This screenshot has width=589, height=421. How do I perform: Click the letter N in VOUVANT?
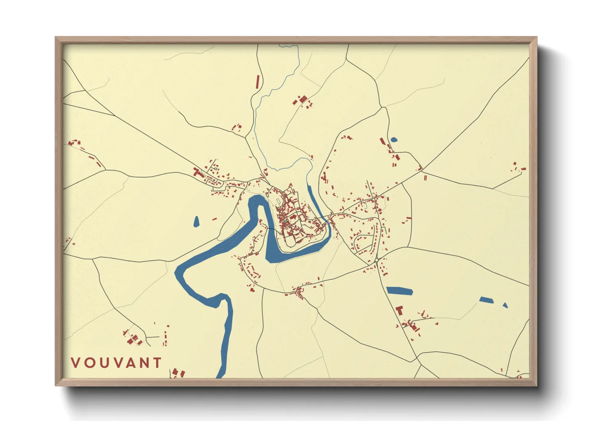tap(145, 363)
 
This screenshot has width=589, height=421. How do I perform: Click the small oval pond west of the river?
tap(196, 222)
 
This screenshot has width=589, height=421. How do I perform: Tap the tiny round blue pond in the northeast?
tap(394, 140)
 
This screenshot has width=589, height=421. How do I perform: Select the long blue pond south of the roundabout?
tap(399, 291)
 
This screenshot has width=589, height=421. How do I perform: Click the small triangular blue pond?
tap(505, 306)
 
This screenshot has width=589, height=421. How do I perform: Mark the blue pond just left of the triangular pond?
tap(486, 300)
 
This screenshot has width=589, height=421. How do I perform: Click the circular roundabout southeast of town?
tap(376, 261)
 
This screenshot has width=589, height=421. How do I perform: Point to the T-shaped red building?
tap(400, 310)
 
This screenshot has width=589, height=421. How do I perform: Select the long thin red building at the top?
tap(257, 82)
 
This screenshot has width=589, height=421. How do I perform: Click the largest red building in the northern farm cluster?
tap(303, 99)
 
